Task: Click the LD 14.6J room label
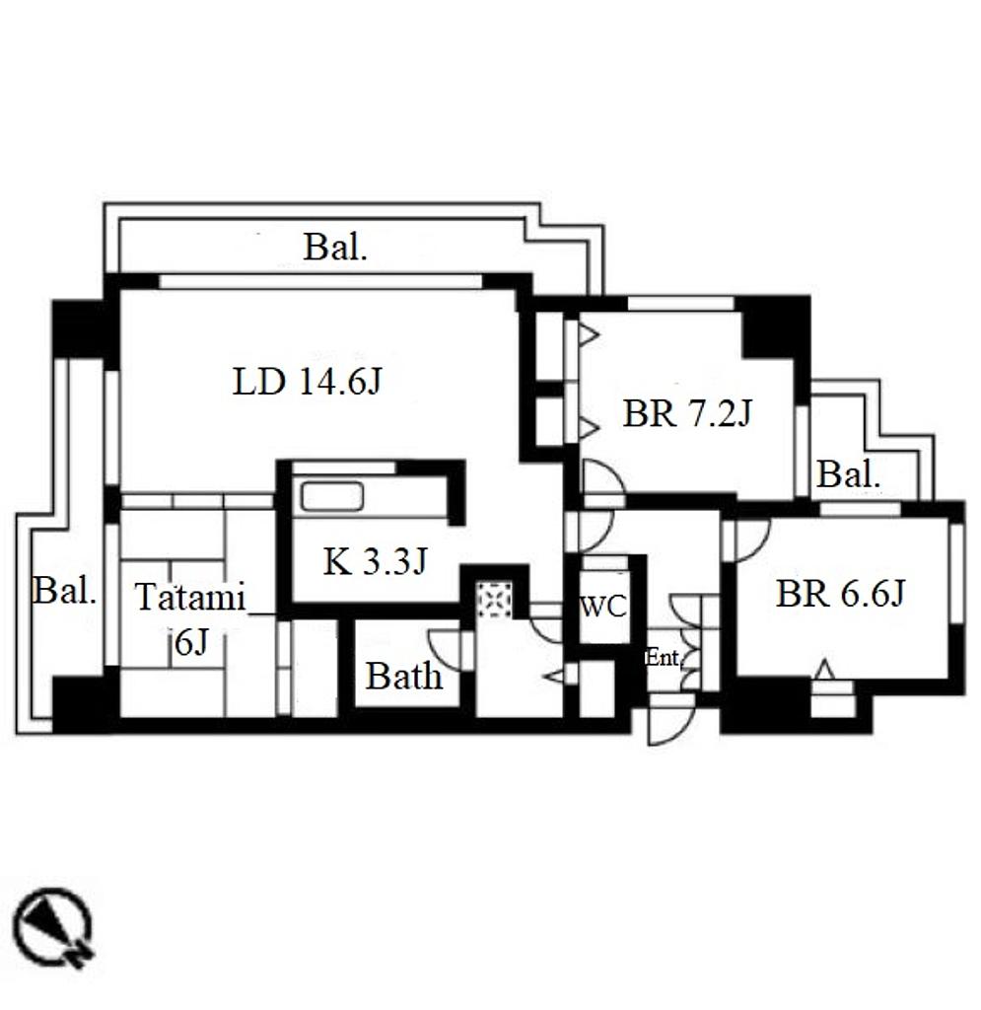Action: point(308,382)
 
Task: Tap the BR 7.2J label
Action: point(687,413)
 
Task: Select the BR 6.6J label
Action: point(841,593)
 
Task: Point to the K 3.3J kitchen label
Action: point(376,561)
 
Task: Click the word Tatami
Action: point(190,597)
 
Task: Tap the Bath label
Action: point(404,676)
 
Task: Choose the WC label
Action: point(603,607)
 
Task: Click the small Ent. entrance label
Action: point(663,658)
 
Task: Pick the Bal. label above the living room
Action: point(335,247)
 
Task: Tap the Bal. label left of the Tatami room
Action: point(64,590)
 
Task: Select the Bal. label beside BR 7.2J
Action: point(848,474)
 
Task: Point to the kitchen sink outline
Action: point(332,496)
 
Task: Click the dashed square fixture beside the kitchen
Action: point(494,600)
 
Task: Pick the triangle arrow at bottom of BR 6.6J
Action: point(825,670)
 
